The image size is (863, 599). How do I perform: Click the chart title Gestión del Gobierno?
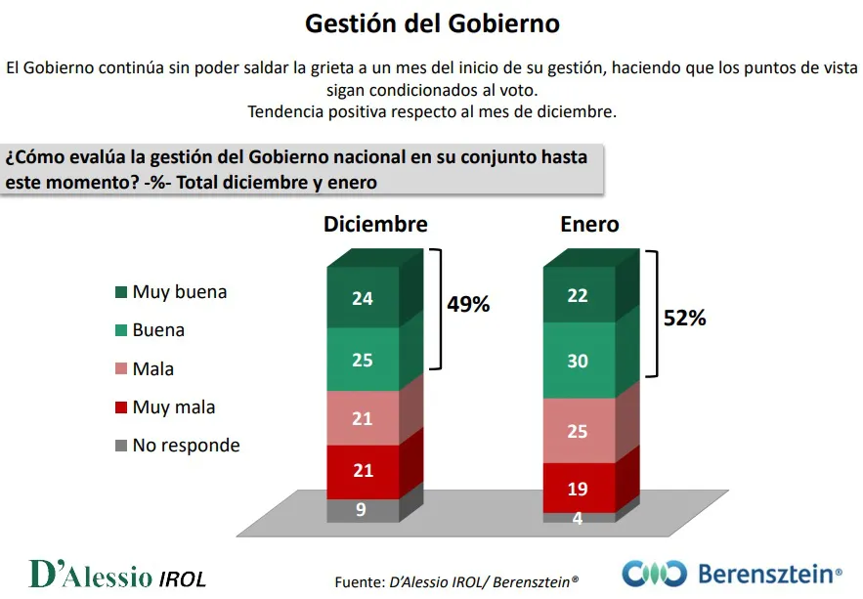click(432, 23)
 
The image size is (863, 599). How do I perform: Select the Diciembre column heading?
click(375, 224)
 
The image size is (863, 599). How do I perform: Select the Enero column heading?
click(589, 224)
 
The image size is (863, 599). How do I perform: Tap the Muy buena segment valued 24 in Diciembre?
click(363, 298)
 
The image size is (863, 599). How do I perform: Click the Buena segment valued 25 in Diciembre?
click(363, 360)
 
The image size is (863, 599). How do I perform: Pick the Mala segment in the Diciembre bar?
click(363, 418)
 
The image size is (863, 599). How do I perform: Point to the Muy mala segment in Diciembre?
click(363, 472)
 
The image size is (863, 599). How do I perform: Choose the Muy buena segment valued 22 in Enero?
click(578, 295)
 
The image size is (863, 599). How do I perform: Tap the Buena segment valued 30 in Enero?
click(578, 361)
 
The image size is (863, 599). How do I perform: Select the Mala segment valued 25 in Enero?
click(578, 430)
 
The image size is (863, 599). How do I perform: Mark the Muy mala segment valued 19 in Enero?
click(578, 487)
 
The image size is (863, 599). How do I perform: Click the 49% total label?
click(468, 305)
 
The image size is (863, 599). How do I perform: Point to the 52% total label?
click(683, 319)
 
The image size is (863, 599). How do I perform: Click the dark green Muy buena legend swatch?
click(121, 292)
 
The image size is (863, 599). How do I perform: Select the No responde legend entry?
click(186, 446)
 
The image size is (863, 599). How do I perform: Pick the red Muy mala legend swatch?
click(121, 407)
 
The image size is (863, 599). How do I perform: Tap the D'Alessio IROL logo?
click(117, 575)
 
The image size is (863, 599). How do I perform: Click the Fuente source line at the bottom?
click(456, 581)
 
